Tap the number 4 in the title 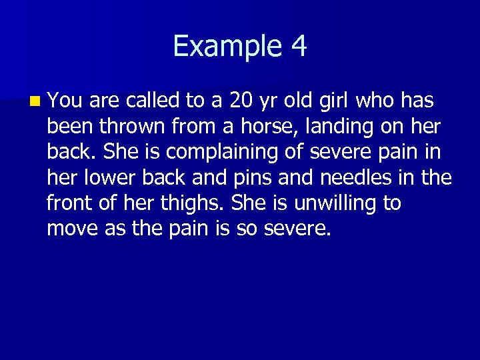(x=298, y=47)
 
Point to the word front (x=69, y=203)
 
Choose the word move (x=72, y=229)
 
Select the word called (x=151, y=101)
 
